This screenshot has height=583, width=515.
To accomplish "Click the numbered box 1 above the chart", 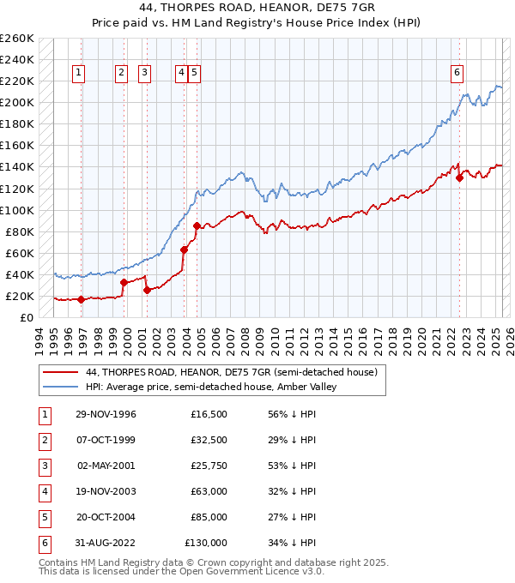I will [x=78, y=73].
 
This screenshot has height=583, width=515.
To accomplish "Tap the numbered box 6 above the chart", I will [x=457, y=73].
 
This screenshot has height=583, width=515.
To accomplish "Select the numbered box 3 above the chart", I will [x=143, y=73].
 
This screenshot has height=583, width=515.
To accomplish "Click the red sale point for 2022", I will [x=460, y=177].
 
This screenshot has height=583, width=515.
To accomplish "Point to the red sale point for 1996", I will [x=81, y=299].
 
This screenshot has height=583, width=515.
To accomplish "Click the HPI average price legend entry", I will [x=211, y=387].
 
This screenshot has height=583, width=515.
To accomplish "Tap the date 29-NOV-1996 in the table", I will [x=106, y=414].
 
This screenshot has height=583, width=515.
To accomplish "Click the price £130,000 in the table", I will [x=206, y=543].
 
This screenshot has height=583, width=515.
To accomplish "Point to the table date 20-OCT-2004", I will [x=106, y=517].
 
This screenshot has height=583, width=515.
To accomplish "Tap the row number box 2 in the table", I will [x=44, y=440].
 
